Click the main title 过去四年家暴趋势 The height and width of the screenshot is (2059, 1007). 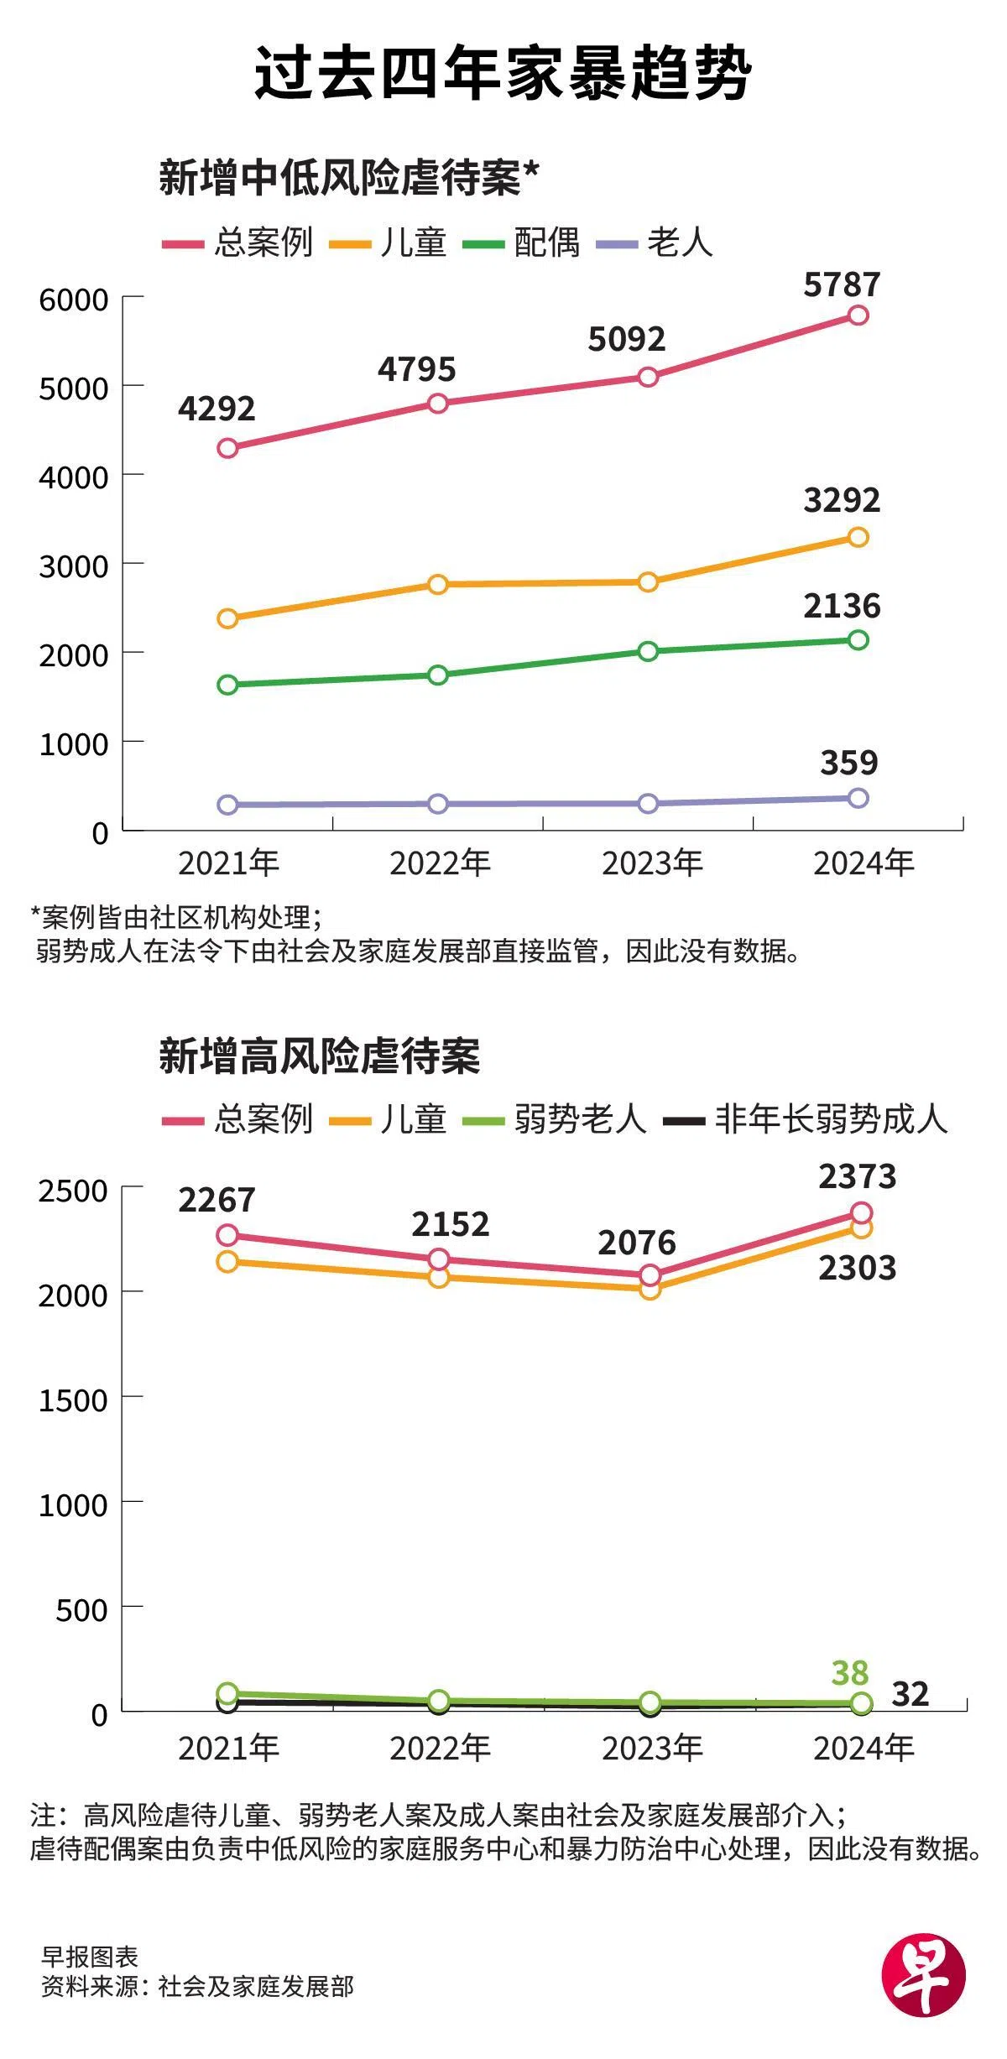503,74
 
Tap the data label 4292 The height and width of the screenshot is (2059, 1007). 217,409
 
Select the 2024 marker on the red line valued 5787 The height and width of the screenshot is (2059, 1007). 858,315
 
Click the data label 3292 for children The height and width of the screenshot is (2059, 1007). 842,500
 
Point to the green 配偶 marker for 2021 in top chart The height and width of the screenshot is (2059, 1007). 227,685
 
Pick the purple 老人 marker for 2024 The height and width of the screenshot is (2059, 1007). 858,798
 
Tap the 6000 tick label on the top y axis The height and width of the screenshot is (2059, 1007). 74,300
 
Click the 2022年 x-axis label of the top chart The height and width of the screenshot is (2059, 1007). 440,863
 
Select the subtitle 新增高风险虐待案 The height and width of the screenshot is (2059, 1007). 320,1056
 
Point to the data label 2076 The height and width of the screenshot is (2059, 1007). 636,1243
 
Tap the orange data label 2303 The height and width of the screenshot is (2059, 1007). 857,1268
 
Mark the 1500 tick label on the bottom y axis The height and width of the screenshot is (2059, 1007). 74,1400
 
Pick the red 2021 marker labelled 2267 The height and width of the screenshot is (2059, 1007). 227,1235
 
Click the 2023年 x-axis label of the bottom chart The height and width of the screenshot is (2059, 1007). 652,1748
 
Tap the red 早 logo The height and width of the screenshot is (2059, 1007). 923,1976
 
